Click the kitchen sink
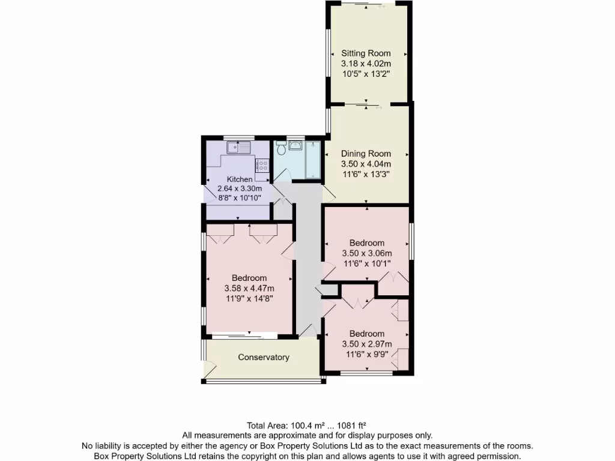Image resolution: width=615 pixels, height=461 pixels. (x=238, y=146)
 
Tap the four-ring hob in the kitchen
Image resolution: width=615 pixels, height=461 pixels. (x=262, y=166)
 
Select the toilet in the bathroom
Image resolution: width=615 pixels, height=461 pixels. (x=280, y=146)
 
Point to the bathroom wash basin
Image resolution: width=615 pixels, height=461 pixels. (x=295, y=145)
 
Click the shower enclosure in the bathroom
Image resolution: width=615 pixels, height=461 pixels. (x=314, y=159)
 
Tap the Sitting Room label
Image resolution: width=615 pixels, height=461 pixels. (x=366, y=53)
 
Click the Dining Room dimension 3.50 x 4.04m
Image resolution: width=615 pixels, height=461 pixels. (x=366, y=164)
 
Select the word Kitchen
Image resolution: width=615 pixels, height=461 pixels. (x=240, y=179)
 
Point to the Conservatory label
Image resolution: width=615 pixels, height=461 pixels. (x=264, y=357)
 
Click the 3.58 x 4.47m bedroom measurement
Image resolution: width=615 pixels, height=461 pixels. (x=249, y=288)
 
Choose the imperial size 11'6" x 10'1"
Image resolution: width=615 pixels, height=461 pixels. (x=366, y=263)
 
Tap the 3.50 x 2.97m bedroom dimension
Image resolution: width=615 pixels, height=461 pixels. (x=366, y=344)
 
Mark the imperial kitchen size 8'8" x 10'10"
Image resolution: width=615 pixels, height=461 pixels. (x=240, y=197)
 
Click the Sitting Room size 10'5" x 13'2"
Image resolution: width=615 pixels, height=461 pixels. (x=366, y=74)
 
